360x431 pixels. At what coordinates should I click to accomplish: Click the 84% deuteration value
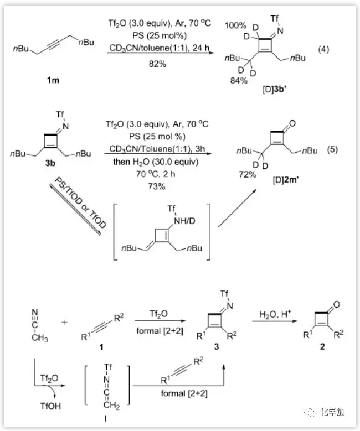(239, 81)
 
